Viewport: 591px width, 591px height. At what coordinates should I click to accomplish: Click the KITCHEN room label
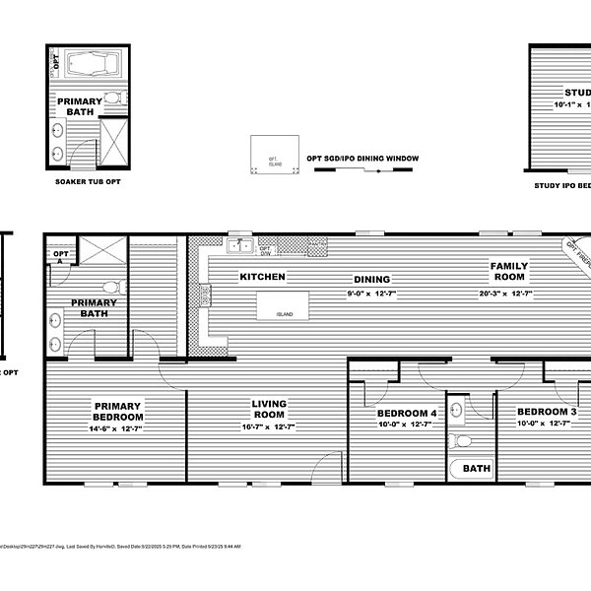point(262,277)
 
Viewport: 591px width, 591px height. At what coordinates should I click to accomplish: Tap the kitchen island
point(284,305)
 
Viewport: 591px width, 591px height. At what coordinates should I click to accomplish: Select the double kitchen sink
point(239,245)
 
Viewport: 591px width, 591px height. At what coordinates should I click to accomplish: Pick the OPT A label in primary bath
point(58,258)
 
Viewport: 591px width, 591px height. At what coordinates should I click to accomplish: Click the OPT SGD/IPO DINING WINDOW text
point(362,159)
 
